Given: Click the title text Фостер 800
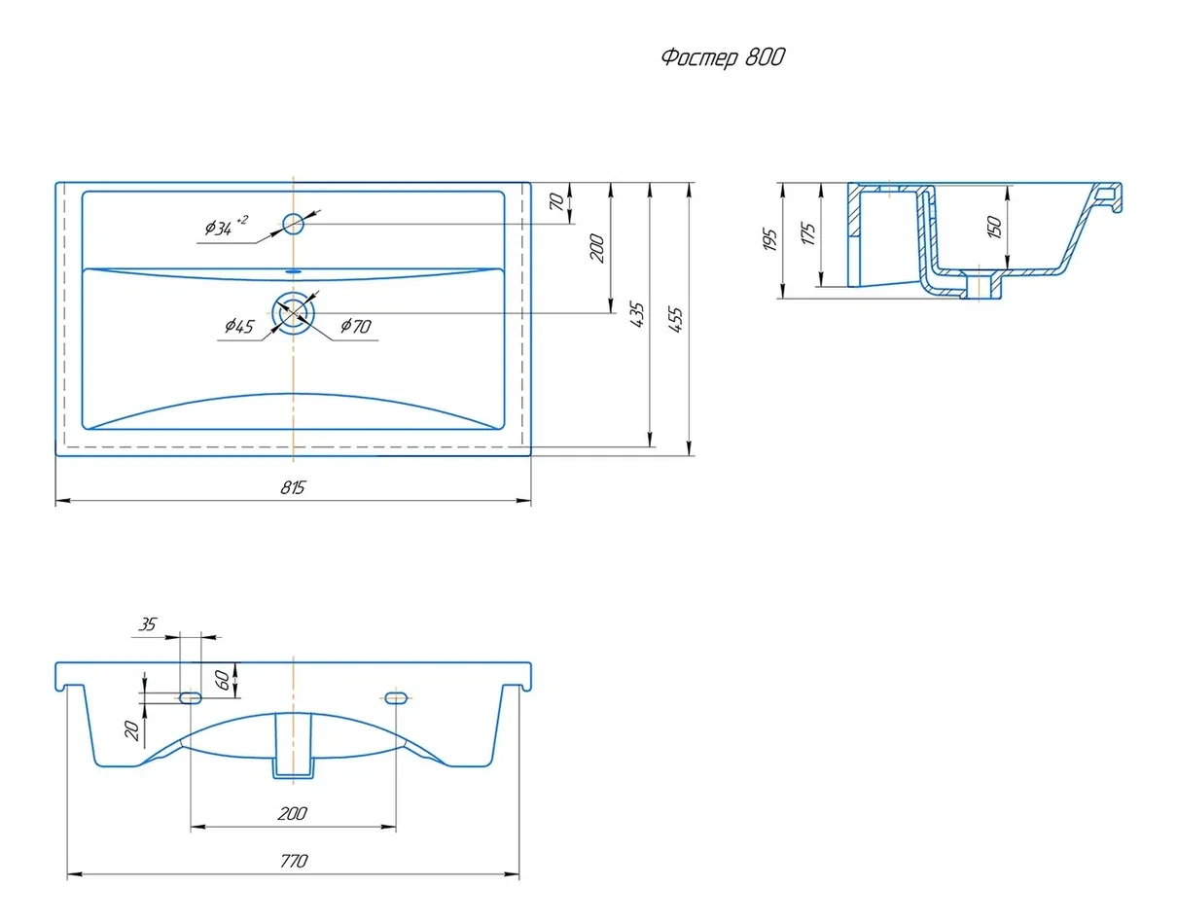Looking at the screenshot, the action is click(x=723, y=56).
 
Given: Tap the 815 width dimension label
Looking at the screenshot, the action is click(x=293, y=488).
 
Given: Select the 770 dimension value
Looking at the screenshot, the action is click(x=294, y=861).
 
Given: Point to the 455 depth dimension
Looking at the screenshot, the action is click(x=675, y=319).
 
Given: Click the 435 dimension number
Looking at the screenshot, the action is click(x=637, y=314).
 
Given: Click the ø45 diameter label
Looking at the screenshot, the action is click(x=239, y=326).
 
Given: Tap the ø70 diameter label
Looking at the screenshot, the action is click(x=356, y=326).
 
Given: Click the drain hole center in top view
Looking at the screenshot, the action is click(x=293, y=313).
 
